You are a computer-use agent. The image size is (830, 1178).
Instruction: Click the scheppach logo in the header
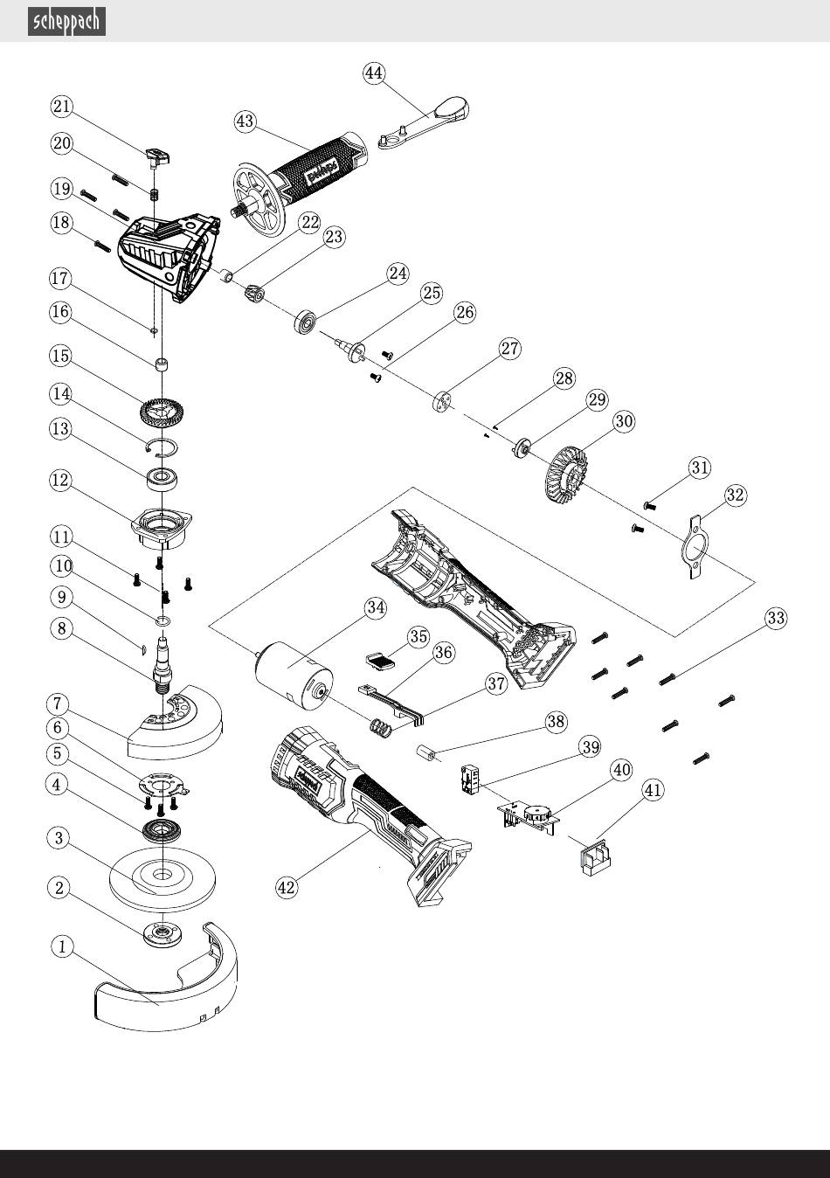point(67,21)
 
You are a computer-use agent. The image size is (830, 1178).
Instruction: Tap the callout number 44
point(374,73)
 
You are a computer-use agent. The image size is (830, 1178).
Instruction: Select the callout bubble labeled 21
point(61,107)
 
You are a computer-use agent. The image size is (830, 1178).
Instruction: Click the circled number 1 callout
point(61,946)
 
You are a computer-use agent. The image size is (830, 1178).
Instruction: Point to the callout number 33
point(775,619)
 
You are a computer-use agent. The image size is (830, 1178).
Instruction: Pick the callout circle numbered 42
point(287,887)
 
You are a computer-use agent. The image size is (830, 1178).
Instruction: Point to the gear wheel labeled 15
point(162,409)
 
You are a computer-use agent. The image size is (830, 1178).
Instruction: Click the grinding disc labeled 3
point(163,876)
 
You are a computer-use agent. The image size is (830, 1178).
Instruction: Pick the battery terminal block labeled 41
point(595,853)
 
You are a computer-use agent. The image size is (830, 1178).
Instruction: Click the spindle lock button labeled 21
point(156,157)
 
